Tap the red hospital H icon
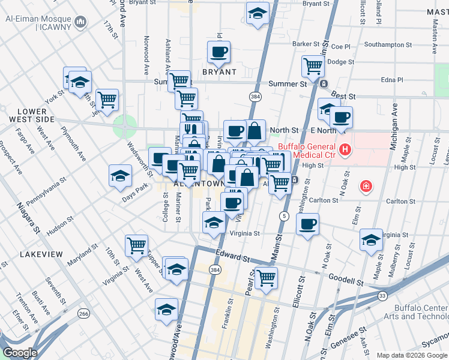click(x=345, y=150)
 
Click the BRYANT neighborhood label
click(x=219, y=72)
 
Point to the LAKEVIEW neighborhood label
click(x=41, y=254)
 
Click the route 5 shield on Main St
click(x=284, y=215)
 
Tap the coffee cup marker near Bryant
click(x=219, y=52)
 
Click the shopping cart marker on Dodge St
click(x=313, y=66)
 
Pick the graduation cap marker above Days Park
click(x=120, y=176)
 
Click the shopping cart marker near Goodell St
click(x=265, y=278)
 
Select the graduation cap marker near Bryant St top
click(x=258, y=14)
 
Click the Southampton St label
click(x=387, y=44)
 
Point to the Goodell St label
click(x=346, y=280)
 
